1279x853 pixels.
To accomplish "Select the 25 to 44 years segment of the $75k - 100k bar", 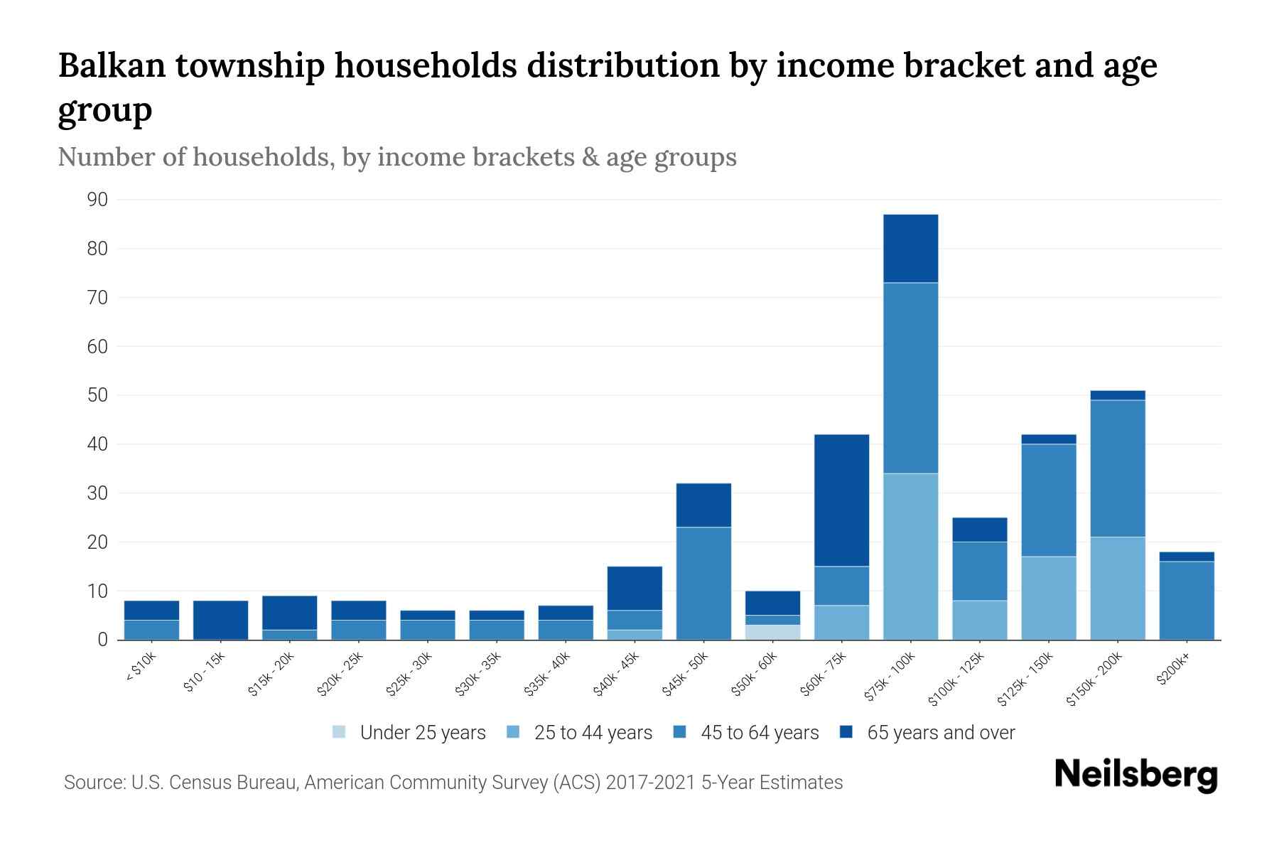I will click(910, 556).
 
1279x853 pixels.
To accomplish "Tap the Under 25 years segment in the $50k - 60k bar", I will click(772, 632).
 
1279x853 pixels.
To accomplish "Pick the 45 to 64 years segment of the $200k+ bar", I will click(1186, 600).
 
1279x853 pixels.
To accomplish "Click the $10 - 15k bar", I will click(220, 620).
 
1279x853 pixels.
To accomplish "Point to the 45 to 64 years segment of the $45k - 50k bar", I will click(703, 583).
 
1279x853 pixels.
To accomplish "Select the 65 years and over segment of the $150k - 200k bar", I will click(1117, 395).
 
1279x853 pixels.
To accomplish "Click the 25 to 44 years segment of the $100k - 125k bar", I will click(979, 620).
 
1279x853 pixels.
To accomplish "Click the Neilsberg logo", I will click(1135, 775).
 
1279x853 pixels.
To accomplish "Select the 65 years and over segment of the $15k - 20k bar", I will click(289, 612).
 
